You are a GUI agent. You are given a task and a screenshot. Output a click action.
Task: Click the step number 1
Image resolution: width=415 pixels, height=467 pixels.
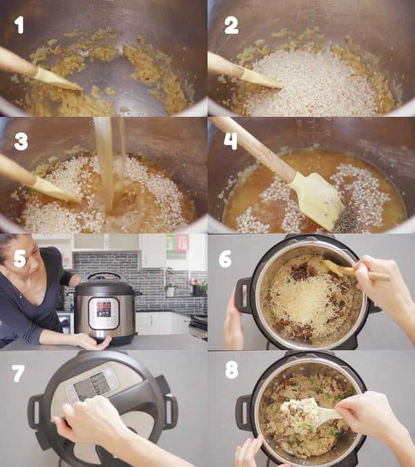pos(19,25)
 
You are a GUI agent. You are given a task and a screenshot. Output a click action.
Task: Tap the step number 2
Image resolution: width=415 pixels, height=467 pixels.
pos(231,26)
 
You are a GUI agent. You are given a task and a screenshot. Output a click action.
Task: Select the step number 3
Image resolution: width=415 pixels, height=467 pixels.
pos(21,141)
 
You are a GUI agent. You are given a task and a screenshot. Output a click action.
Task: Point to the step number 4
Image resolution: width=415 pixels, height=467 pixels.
pos(230,141)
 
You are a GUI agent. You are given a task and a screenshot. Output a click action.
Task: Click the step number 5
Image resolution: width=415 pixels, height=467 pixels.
pos(20,258)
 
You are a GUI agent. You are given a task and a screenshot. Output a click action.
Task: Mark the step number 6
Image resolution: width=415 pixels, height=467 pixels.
pos(225,258)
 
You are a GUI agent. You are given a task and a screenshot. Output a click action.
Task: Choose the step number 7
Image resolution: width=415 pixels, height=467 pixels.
pos(19,374)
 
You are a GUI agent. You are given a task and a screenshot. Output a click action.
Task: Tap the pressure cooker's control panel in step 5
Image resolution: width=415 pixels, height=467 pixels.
pos(104,312)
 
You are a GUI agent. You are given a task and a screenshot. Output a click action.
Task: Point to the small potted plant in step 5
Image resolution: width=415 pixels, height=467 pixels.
pos(169,287)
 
